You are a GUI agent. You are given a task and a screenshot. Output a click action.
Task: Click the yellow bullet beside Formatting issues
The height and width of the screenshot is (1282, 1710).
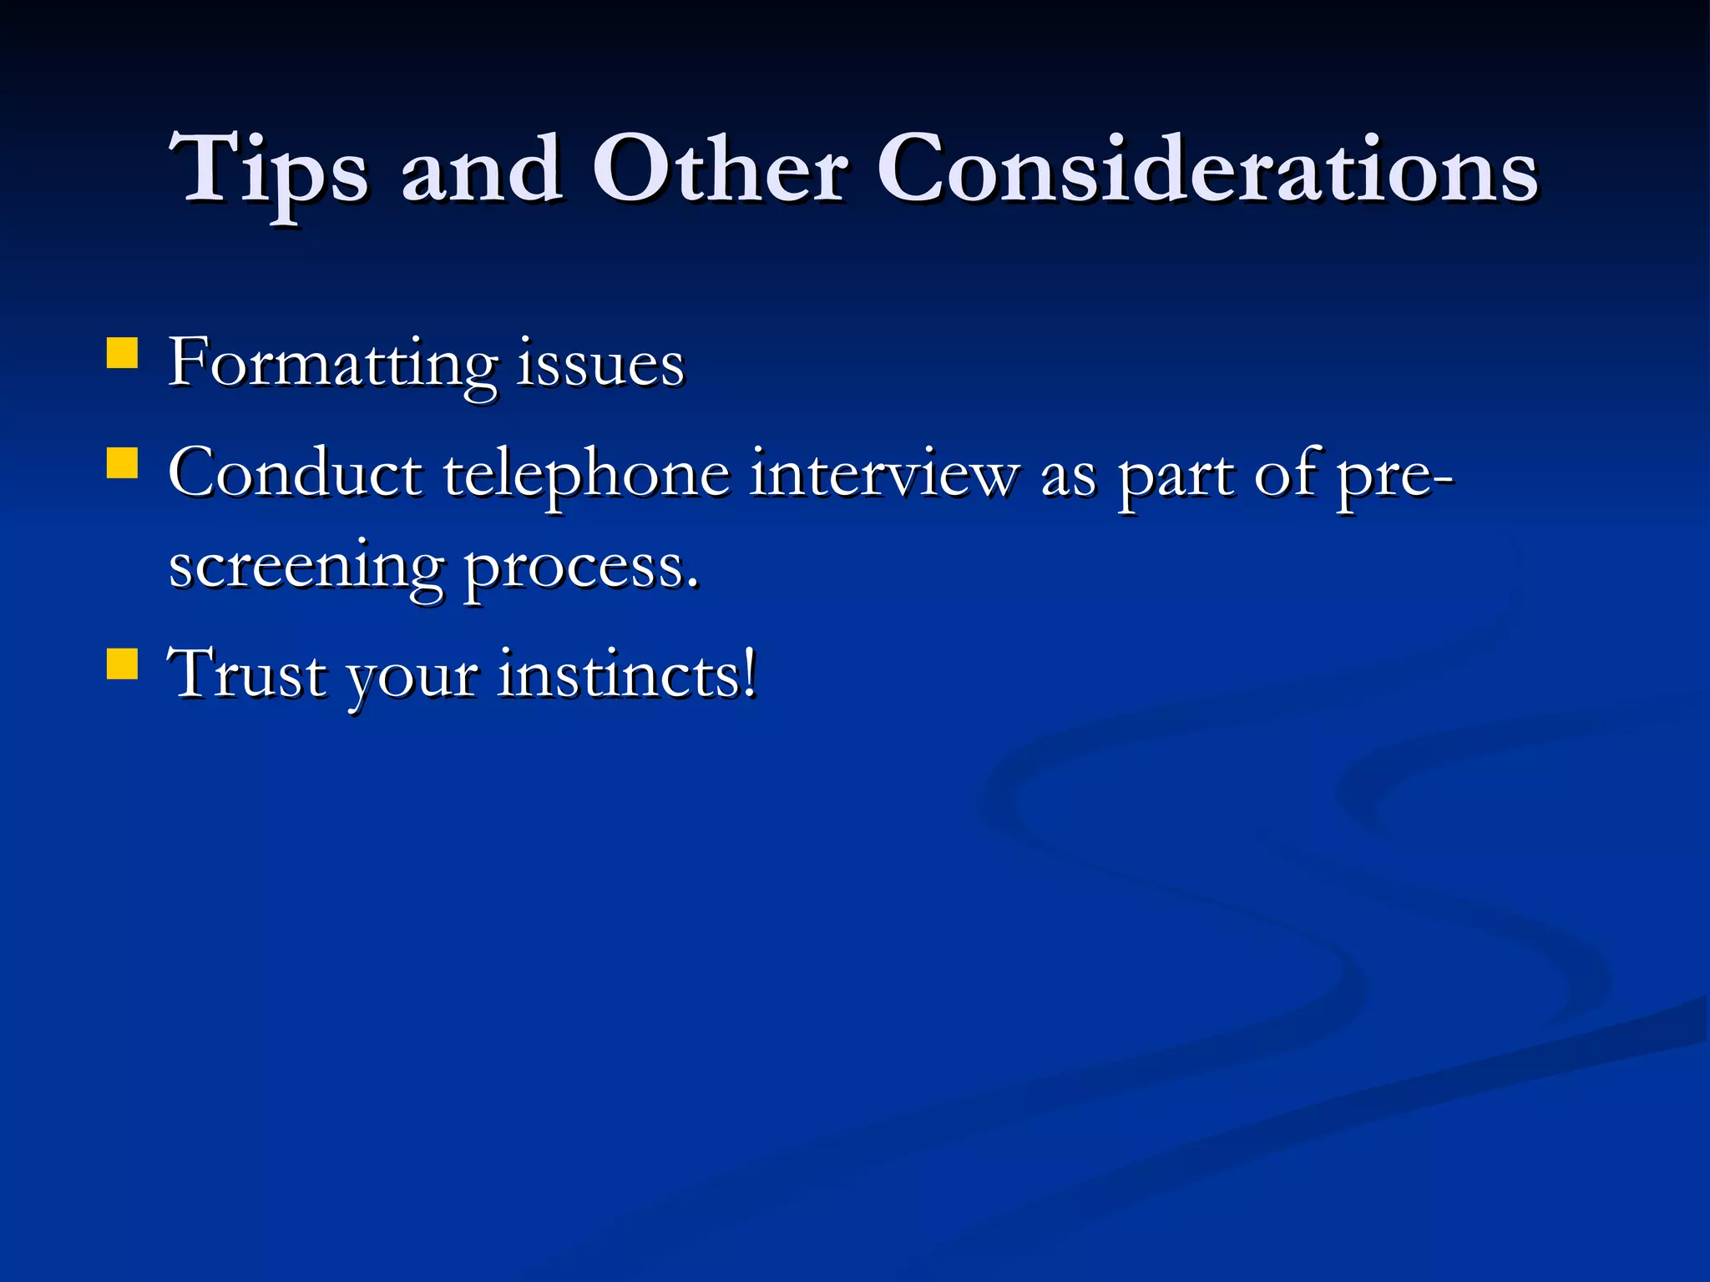click(x=122, y=353)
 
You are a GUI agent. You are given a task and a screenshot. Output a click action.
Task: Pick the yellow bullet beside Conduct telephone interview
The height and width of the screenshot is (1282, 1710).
click(x=122, y=463)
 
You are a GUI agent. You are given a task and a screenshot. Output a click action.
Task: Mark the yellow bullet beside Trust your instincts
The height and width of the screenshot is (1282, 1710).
click(x=122, y=665)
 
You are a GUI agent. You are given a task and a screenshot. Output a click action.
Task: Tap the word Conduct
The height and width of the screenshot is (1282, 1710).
click(x=295, y=474)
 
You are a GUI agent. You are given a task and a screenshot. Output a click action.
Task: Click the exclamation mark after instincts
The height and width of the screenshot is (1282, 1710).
click(x=751, y=672)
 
